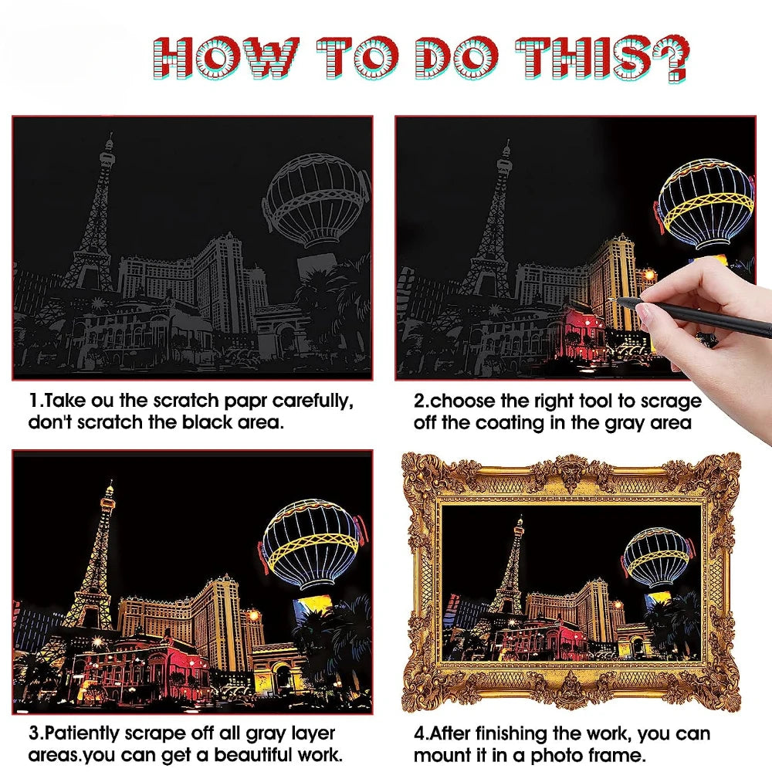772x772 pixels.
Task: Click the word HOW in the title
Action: pos(229,57)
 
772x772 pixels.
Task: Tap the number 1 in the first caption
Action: pos(33,401)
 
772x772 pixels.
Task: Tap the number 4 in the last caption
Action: pos(419,733)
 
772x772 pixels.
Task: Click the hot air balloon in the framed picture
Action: pos(656,558)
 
